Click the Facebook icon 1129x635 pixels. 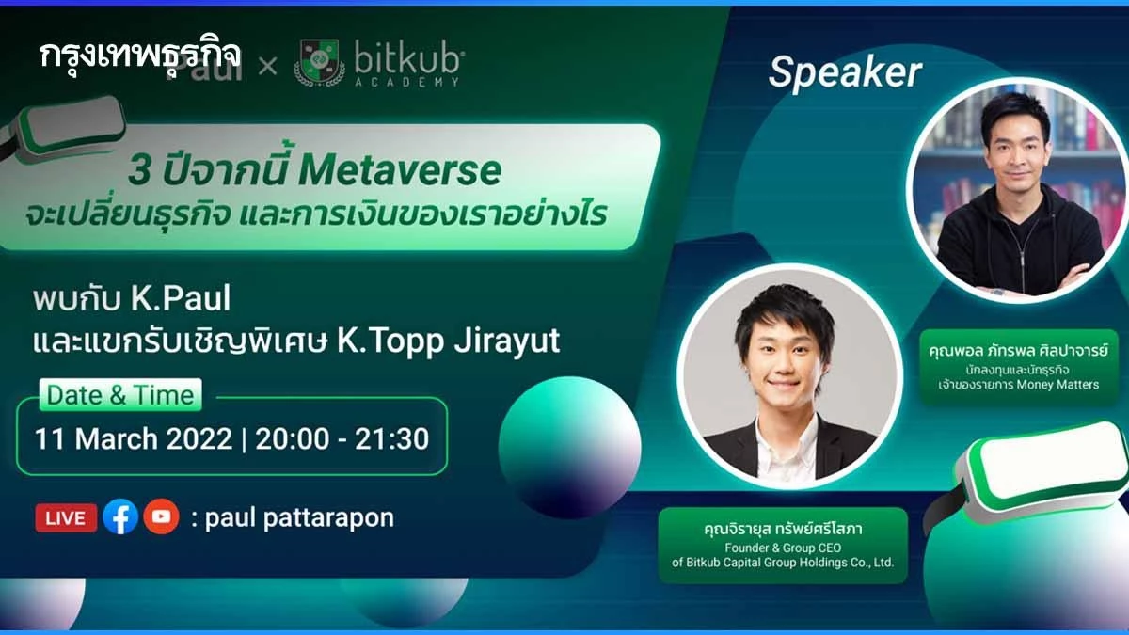click(x=120, y=516)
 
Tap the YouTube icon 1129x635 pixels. click(x=161, y=516)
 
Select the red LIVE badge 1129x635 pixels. click(x=66, y=517)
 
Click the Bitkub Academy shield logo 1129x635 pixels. click(x=319, y=63)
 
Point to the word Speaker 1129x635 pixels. click(x=844, y=72)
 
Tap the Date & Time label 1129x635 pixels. click(x=120, y=395)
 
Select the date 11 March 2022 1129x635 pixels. click(x=133, y=438)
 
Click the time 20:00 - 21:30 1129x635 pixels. click(x=342, y=438)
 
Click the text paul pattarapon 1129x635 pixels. click(x=299, y=517)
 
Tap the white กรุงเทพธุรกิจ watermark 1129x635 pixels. click(x=141, y=54)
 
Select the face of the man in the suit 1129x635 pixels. click(x=772, y=357)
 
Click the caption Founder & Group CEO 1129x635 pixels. click(x=782, y=548)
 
